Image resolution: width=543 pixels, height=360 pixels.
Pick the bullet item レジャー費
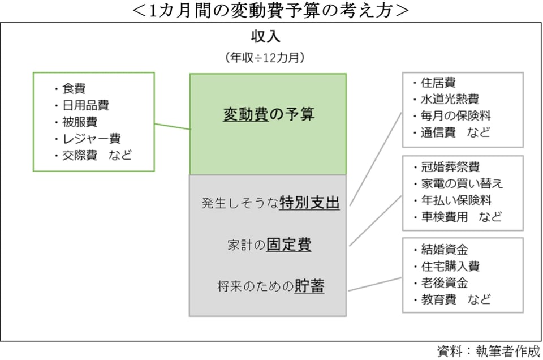click(x=92, y=138)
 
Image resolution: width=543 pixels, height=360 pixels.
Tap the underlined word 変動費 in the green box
click(x=245, y=114)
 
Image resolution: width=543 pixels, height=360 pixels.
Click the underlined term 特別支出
click(x=310, y=203)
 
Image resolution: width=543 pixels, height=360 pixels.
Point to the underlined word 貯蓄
click(x=309, y=286)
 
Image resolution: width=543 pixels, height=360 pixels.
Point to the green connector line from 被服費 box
click(x=172, y=126)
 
